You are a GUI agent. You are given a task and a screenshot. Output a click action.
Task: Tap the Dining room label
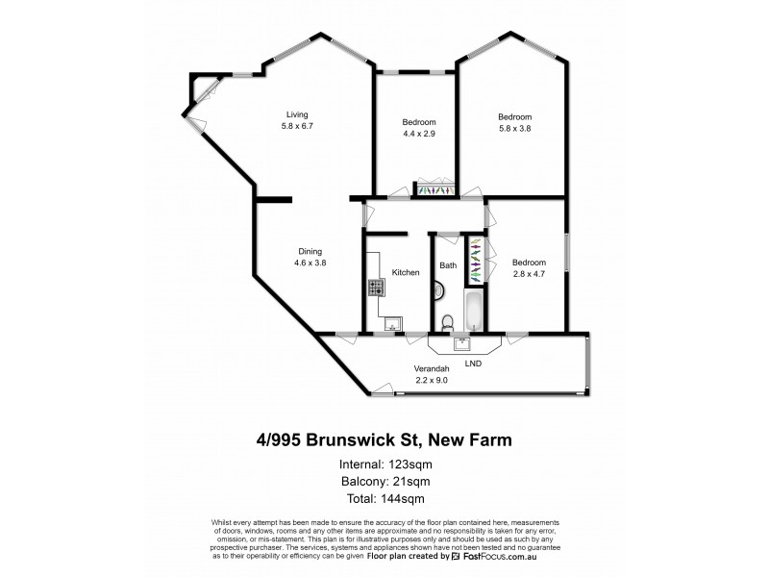click(309, 250)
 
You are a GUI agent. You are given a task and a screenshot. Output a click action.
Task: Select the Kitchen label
click(406, 273)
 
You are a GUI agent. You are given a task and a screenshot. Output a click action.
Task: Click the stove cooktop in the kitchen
click(375, 287)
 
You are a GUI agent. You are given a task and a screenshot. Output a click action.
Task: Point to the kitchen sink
click(392, 325)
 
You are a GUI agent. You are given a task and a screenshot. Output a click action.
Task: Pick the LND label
click(473, 364)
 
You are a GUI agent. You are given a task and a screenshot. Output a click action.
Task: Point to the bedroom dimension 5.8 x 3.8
click(514, 129)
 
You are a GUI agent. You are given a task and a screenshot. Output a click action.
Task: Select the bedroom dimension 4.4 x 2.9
click(419, 134)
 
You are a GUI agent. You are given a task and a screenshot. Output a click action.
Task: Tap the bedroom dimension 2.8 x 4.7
click(529, 275)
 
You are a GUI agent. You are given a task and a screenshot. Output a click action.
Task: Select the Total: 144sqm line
click(384, 498)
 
